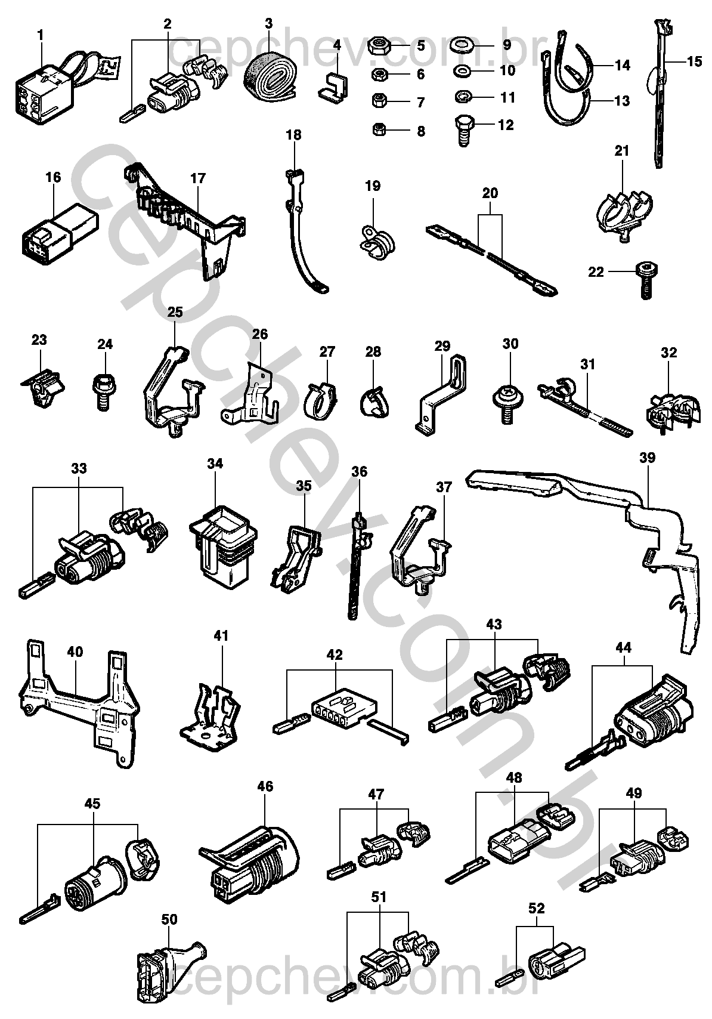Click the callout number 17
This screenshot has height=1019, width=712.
pyautogui.click(x=198, y=178)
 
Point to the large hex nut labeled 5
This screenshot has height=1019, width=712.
pyautogui.click(x=379, y=45)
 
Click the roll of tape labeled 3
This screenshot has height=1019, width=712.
pyautogui.click(x=268, y=73)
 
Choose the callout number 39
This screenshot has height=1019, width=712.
pyautogui.click(x=647, y=458)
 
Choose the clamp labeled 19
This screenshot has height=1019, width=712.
pyautogui.click(x=374, y=239)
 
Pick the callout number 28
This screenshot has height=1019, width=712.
pyautogui.click(x=373, y=351)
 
